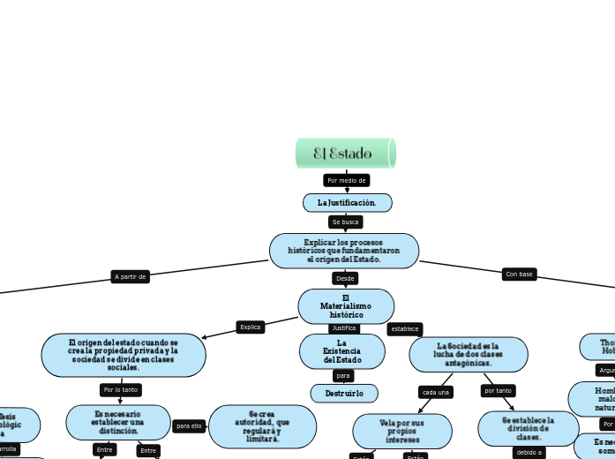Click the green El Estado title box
pos(345,154)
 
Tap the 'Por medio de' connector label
pos(346,180)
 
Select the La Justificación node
pos(347,203)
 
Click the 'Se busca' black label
pos(345,222)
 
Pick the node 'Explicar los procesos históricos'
pos(343,251)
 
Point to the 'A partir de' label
pos(130,276)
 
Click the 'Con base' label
pos(519,275)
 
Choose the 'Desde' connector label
pos(345,279)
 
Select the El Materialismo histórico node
pos(346,306)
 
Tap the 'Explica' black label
pos(251,327)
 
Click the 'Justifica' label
pos(344,328)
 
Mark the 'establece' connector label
pos(405,329)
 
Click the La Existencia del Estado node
pos(341,351)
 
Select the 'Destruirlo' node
pos(343,393)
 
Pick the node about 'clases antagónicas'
pos(468,354)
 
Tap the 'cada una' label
pos(436,392)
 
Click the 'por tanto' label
pos(498,390)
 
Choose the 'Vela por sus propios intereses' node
pos(401,431)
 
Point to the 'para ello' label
pos(190,425)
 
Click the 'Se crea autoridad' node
pos(262,426)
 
